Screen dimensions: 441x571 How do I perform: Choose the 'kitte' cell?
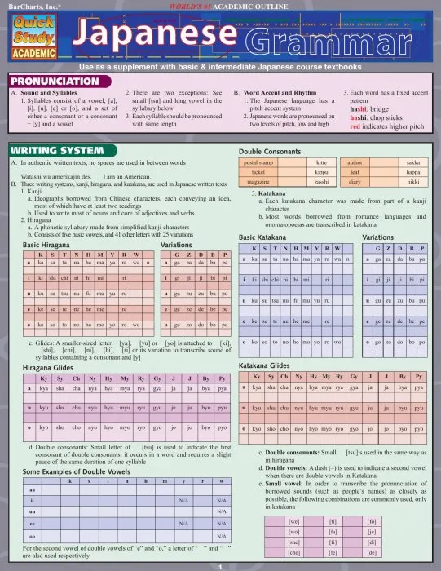(x=321, y=163)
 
